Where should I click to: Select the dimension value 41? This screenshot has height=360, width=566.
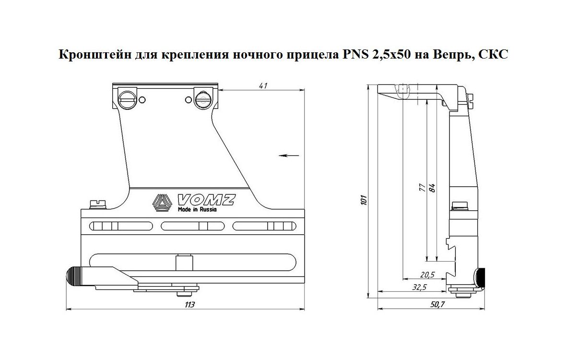(262, 85)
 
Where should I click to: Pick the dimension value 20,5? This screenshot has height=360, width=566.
(426, 274)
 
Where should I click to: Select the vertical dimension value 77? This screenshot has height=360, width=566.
(422, 187)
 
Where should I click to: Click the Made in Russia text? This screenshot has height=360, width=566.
(197, 210)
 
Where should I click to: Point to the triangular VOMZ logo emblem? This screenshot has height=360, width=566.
(162, 203)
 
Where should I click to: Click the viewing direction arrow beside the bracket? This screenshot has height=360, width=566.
(288, 155)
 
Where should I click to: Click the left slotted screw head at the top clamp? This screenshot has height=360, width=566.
(127, 99)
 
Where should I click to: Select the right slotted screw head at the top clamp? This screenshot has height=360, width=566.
(202, 99)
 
